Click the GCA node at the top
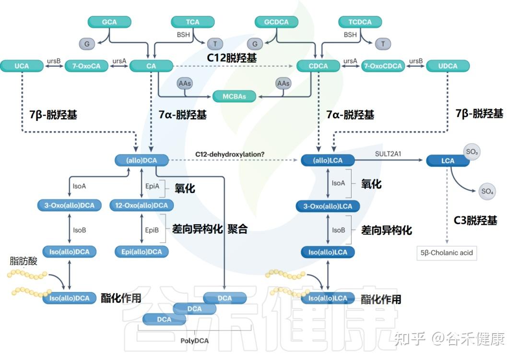point(109,22)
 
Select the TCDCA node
point(360,22)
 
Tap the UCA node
point(22,66)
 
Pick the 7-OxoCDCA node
point(383,66)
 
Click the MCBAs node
point(234,96)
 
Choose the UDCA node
point(447,66)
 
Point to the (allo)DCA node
point(141,160)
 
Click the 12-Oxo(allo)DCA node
point(141,205)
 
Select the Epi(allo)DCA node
point(141,252)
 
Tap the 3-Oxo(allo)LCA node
point(328,206)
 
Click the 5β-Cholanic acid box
point(447,253)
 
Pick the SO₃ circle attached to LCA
point(471,152)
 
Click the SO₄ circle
point(487,192)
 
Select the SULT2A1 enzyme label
point(388,154)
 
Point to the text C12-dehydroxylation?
point(230,155)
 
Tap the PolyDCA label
point(195,341)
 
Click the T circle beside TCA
point(215,44)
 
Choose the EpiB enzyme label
point(152,230)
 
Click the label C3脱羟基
point(475,220)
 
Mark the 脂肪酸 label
point(24,261)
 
